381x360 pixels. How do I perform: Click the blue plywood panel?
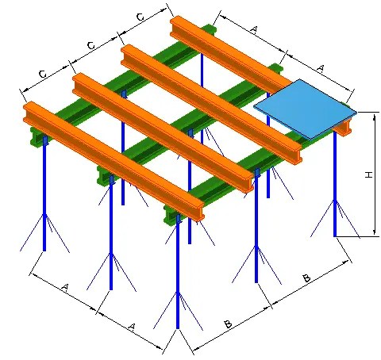coord(304,109)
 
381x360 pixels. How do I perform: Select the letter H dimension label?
coord(368,174)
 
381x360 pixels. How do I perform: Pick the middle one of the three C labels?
coord(91,46)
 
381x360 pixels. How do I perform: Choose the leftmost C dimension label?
coord(43,75)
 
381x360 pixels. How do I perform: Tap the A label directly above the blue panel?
coord(321,69)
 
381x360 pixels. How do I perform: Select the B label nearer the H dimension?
coord(306,278)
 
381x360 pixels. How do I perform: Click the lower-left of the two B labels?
coord(228,324)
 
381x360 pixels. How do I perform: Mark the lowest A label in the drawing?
coord(132,327)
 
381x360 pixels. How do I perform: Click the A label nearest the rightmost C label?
coord(253,29)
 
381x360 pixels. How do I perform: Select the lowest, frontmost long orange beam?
coord(114,160)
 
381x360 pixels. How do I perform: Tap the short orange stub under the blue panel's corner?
coord(343,128)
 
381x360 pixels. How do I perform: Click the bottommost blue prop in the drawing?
coord(178,272)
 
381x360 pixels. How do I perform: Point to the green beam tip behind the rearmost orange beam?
coord(210,29)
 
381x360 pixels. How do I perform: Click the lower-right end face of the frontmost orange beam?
coord(199,213)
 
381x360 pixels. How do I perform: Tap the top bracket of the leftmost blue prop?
coord(45,140)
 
